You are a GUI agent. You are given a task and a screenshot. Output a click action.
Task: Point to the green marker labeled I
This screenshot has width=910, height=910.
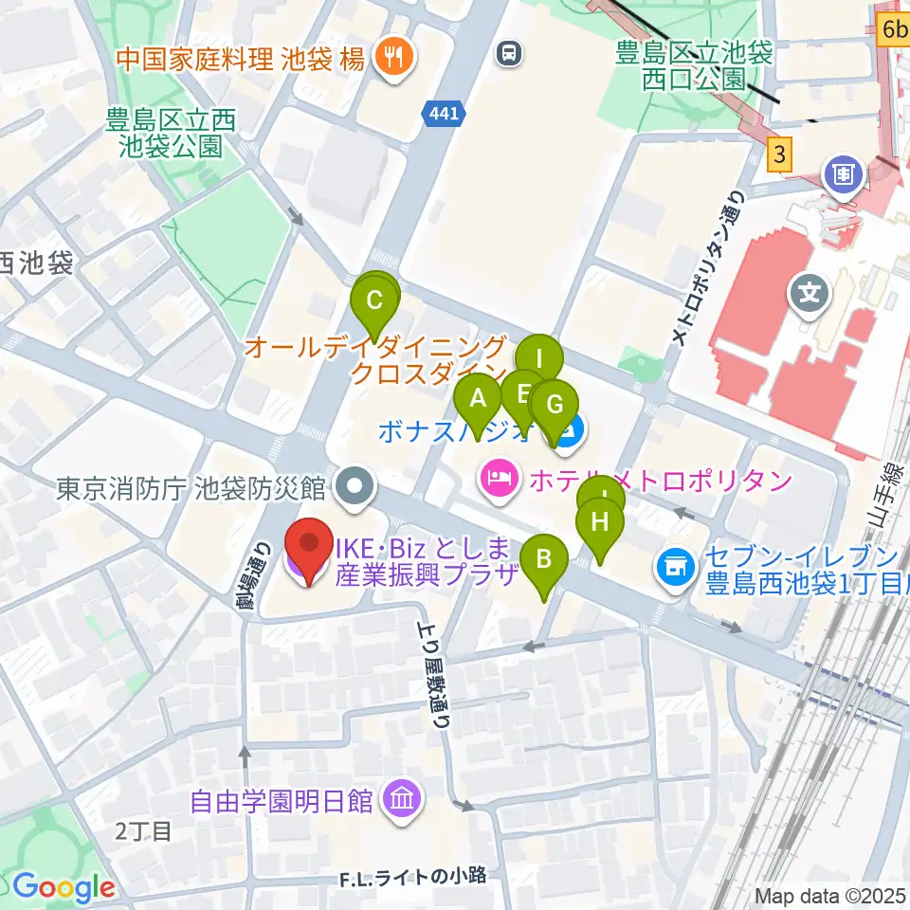pyautogui.click(x=539, y=360)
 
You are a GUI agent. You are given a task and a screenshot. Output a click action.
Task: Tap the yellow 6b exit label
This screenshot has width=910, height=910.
pyautogui.click(x=893, y=29)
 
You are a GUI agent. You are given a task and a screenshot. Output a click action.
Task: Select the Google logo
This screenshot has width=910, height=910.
pyautogui.click(x=64, y=886)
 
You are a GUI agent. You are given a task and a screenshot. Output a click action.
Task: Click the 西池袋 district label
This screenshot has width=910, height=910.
pyautogui.click(x=36, y=263)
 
